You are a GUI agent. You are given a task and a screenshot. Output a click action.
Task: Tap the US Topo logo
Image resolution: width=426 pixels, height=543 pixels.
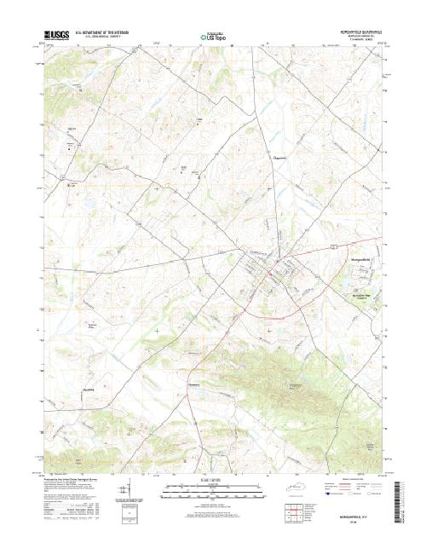[x=213, y=37]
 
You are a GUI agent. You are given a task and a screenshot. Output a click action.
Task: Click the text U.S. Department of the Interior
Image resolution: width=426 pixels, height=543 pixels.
[x=106, y=33]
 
